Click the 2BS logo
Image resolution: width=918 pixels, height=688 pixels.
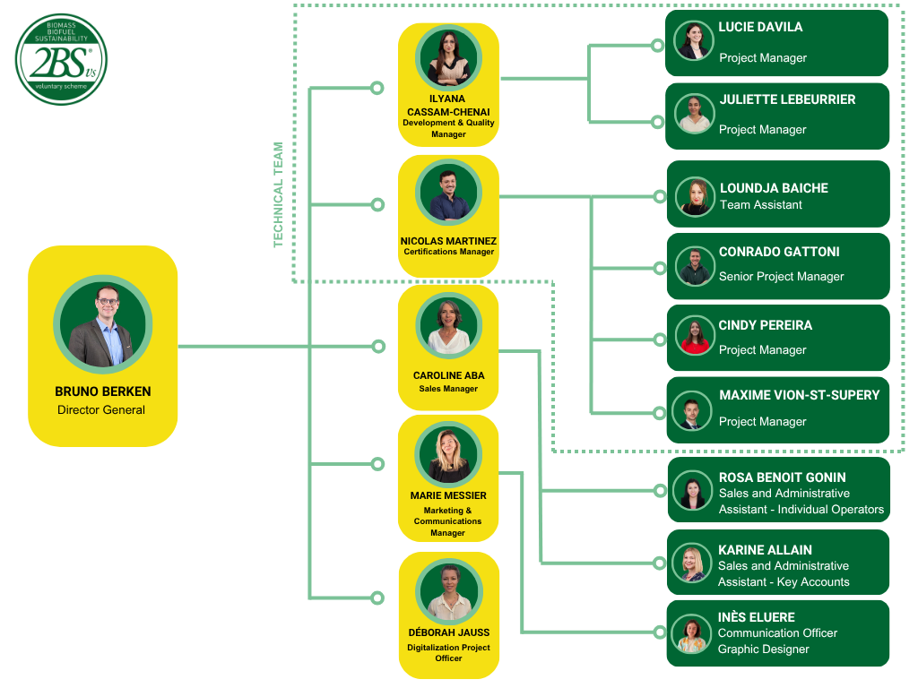coord(61,60)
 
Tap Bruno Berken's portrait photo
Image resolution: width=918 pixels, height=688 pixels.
coord(103,324)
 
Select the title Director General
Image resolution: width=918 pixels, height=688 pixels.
coord(101,410)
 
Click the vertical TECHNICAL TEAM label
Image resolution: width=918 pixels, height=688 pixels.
coord(278,194)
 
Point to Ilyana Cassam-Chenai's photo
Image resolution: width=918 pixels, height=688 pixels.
coord(448,57)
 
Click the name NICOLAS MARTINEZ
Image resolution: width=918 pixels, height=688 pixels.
coord(448,241)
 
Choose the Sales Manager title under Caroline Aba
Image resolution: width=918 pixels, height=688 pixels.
coord(448,389)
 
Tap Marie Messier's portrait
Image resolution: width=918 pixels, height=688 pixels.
coord(448,454)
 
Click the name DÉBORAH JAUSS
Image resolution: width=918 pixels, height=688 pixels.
coord(449,632)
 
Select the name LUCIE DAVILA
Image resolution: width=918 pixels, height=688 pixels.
coord(760,27)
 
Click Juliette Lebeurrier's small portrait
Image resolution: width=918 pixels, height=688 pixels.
coord(695,114)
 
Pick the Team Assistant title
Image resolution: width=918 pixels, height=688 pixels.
coord(761,205)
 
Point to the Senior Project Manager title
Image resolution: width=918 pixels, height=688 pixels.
coord(782,276)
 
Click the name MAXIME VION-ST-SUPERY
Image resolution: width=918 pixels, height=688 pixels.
coord(800,395)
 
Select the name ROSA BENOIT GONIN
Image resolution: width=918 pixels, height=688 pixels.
coord(782,477)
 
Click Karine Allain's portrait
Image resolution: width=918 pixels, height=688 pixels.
coord(692,563)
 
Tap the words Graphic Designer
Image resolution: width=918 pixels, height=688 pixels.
coord(764,649)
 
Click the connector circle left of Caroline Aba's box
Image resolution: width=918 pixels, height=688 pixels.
coord(379,347)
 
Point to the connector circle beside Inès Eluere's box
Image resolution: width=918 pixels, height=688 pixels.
coord(660,632)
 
